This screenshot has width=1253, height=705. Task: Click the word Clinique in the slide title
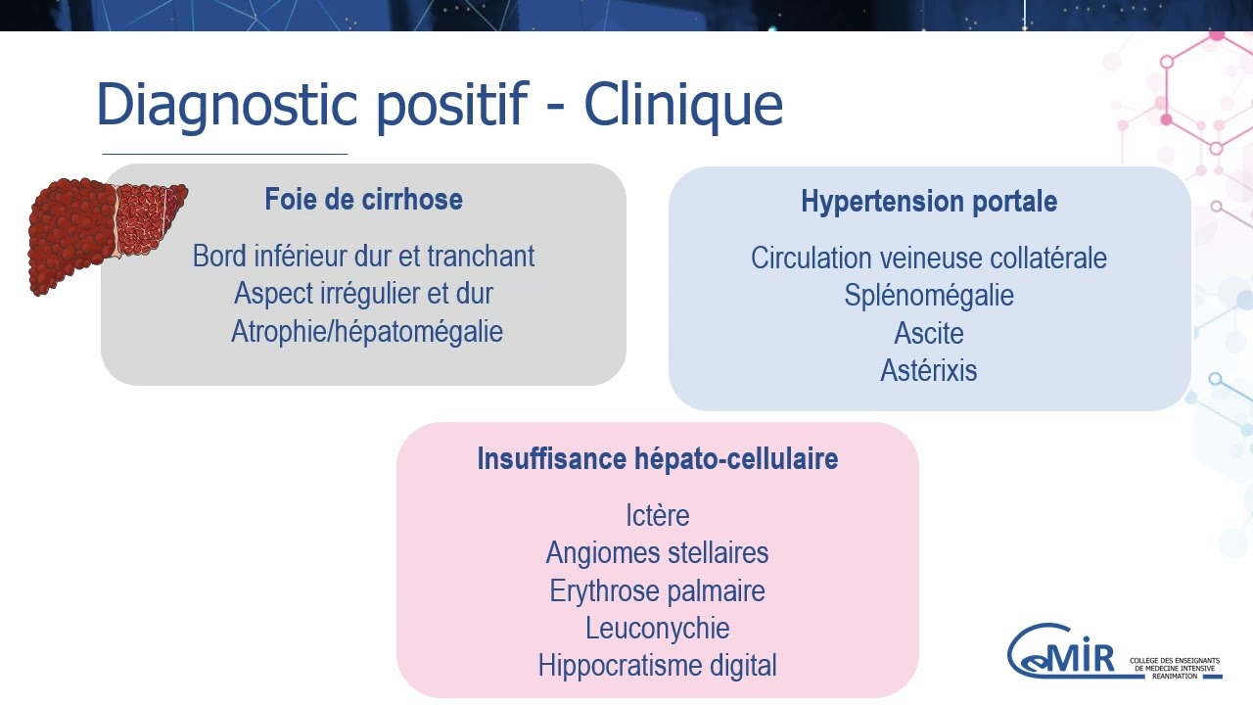[x=683, y=104]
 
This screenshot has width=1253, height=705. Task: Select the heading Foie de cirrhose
[x=363, y=200]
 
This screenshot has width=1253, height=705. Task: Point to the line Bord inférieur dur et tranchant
[x=363, y=257]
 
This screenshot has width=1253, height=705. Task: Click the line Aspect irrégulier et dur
[x=363, y=294]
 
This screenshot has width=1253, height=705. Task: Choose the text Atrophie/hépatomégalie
[x=366, y=331]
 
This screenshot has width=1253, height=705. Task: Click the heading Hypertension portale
[x=929, y=202]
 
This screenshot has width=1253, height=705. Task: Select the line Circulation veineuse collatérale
[x=929, y=258]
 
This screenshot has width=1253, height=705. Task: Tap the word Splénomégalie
[x=929, y=296]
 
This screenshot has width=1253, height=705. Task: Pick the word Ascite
[x=929, y=333]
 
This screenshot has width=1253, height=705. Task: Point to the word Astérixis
[x=929, y=371]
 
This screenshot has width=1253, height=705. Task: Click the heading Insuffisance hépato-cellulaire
[x=657, y=458]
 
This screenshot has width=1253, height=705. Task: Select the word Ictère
[x=657, y=515]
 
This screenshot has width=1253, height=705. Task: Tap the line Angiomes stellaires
[x=657, y=553]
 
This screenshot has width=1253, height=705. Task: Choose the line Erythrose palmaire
[x=657, y=591]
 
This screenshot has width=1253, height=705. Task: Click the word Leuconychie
[x=657, y=629]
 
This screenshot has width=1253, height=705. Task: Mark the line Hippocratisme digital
[x=657, y=666]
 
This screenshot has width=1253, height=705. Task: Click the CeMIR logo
[x=1063, y=652]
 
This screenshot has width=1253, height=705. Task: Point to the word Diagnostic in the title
[x=226, y=104]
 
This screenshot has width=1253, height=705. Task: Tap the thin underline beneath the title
[x=224, y=154]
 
